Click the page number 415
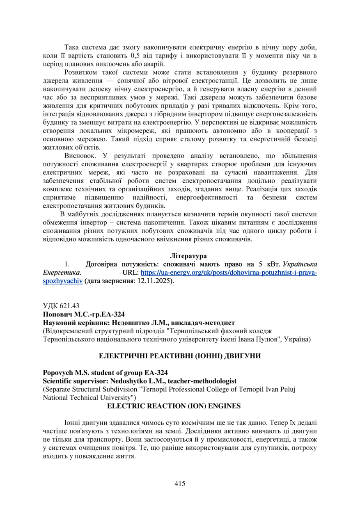tap(180, 484)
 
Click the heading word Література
tap(188, 256)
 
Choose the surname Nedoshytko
tap(124, 381)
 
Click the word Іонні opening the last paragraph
tap(72, 422)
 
